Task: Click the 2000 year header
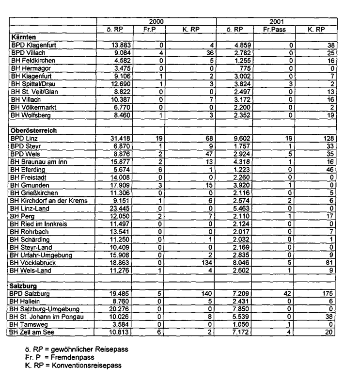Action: click(x=156, y=22)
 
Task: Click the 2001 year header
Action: click(x=277, y=22)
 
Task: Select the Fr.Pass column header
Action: click(x=275, y=30)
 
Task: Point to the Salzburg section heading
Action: click(x=25, y=286)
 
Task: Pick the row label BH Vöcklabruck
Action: click(x=35, y=263)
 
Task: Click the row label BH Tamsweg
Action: click(x=30, y=325)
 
